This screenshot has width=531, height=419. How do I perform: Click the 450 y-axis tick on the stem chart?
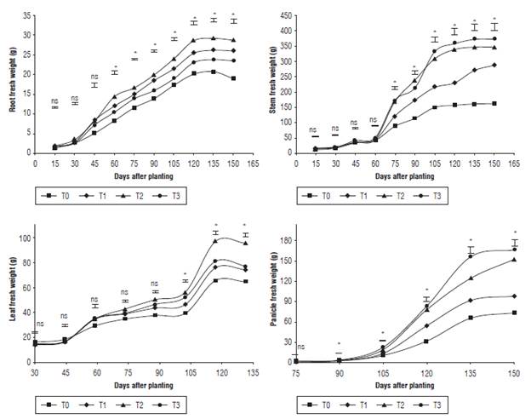click(x=289, y=16)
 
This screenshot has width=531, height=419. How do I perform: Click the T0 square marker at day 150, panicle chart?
click(x=514, y=313)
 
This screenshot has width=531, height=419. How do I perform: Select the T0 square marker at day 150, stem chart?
click(x=494, y=104)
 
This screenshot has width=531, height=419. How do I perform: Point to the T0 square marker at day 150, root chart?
click(x=233, y=78)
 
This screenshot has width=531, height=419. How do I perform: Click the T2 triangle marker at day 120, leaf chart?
click(x=215, y=241)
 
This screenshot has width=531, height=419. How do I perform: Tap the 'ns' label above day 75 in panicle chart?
click(x=301, y=347)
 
